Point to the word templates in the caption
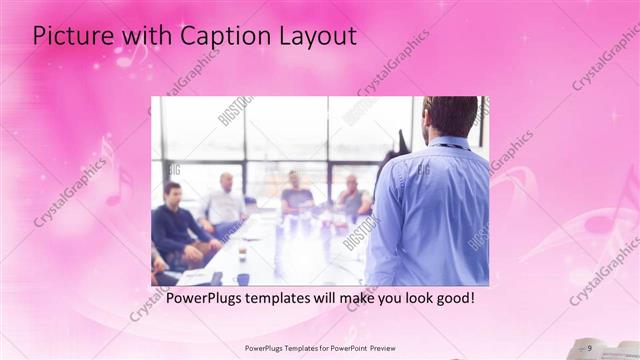tap(290, 298)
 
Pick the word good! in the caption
tap(452, 298)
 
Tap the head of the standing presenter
tap(450, 119)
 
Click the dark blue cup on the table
tap(242, 279)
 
